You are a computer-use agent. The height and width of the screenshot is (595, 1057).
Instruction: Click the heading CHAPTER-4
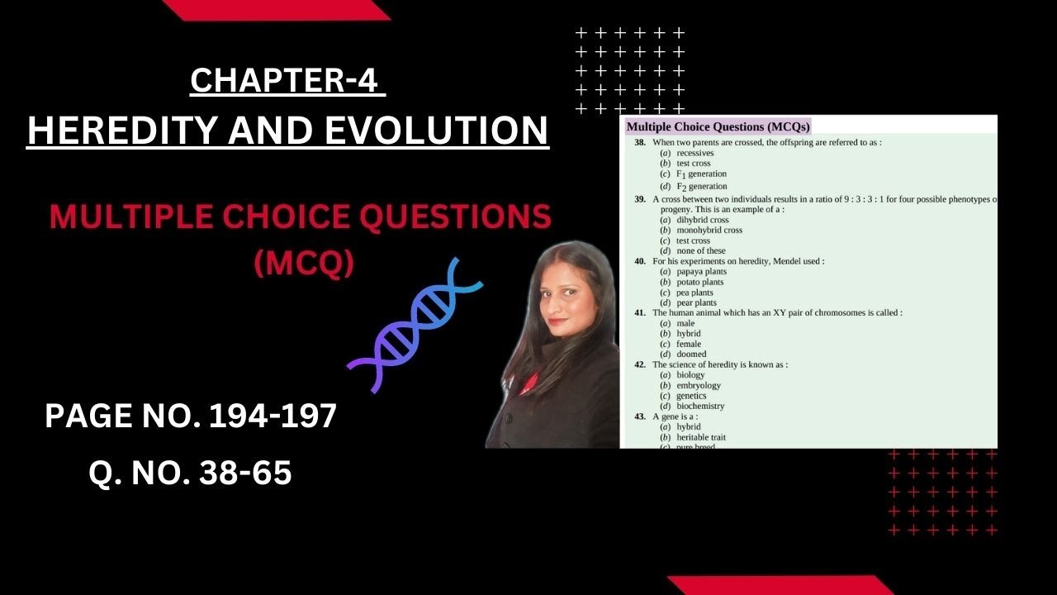pyautogui.click(x=287, y=81)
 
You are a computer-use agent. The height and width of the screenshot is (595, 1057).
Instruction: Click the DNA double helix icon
pyautogui.click(x=415, y=324)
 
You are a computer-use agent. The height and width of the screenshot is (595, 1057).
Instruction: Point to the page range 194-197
pyautogui.click(x=273, y=416)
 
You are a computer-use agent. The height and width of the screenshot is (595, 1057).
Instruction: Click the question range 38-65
pyautogui.click(x=244, y=474)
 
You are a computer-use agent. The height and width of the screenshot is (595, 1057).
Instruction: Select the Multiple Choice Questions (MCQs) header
pyautogui.click(x=718, y=126)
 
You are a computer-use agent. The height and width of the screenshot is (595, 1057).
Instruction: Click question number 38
pyautogui.click(x=640, y=143)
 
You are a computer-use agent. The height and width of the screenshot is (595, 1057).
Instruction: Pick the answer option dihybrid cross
pyautogui.click(x=702, y=221)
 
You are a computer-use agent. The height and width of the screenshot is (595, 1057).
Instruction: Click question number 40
pyautogui.click(x=640, y=261)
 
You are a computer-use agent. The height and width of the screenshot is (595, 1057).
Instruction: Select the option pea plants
pyautogui.click(x=694, y=293)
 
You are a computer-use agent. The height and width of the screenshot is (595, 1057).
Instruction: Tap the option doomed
pyautogui.click(x=691, y=355)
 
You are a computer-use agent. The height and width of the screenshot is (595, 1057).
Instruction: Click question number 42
pyautogui.click(x=640, y=364)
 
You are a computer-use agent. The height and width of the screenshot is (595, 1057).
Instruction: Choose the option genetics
pyautogui.click(x=691, y=396)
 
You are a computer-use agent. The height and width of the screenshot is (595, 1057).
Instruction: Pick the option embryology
pyautogui.click(x=698, y=385)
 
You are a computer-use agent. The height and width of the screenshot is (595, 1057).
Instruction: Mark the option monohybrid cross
pyautogui.click(x=709, y=231)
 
